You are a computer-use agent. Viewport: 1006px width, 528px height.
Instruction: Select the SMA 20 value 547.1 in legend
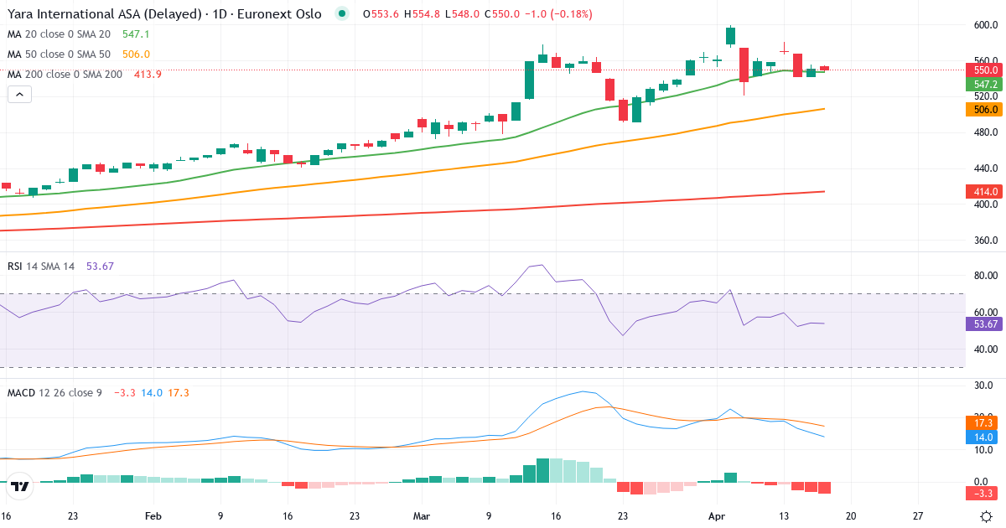click(136, 34)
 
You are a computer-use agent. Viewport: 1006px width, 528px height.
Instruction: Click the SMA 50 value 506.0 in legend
click(136, 54)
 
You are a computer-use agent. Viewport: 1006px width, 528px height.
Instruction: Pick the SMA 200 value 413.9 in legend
click(148, 75)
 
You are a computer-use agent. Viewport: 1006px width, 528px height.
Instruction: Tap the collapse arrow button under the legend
click(19, 95)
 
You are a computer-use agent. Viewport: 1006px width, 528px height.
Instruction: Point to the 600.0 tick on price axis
click(984, 25)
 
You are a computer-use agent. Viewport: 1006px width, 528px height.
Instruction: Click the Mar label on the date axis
click(421, 516)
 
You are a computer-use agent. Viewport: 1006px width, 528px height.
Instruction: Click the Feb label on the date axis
click(153, 516)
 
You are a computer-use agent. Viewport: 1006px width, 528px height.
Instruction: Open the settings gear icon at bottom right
click(987, 516)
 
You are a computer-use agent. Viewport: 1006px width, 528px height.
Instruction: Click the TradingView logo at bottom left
click(21, 485)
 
